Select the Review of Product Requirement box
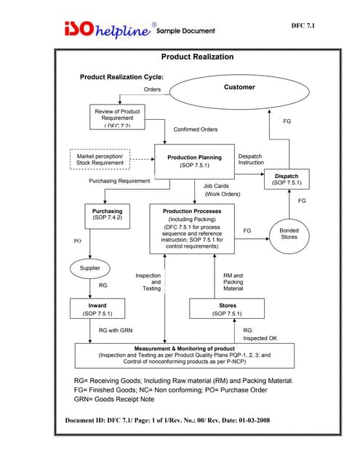(117, 118)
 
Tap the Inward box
(97, 310)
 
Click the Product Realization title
(196, 57)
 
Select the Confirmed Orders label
(195, 129)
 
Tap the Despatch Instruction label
(251, 159)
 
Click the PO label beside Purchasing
(78, 239)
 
